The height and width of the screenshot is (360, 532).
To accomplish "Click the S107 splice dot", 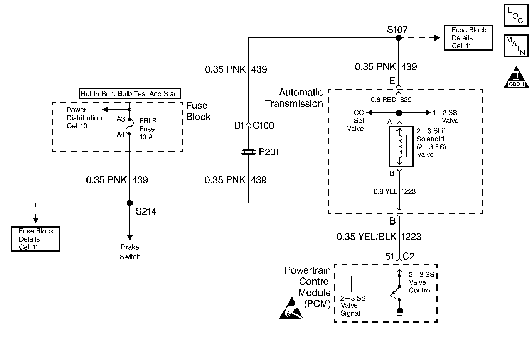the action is click(399, 38).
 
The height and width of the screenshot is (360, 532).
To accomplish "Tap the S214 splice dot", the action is click(130, 203).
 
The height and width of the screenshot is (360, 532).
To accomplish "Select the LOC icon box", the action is click(516, 16).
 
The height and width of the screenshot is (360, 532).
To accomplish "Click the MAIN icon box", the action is click(516, 46).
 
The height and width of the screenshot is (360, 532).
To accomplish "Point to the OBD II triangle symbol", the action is click(516, 77).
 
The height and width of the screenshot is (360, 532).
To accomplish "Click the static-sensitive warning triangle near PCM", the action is click(291, 308).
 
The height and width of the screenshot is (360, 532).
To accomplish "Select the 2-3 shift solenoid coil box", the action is click(401, 147).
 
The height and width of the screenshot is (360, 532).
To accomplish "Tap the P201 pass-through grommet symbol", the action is click(248, 152).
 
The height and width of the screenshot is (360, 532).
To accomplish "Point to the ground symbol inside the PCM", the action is click(400, 313).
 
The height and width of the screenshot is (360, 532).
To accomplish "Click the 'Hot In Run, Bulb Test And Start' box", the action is click(130, 93).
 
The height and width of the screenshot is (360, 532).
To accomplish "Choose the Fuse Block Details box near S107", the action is click(468, 38).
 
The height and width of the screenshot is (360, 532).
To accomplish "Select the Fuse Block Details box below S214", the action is click(35, 239).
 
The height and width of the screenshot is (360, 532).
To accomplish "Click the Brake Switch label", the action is click(130, 252).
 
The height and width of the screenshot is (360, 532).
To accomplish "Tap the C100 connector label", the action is click(263, 125).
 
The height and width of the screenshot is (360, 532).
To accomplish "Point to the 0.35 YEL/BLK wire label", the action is click(366, 237).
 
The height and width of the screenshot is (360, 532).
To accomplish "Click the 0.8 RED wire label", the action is click(383, 100).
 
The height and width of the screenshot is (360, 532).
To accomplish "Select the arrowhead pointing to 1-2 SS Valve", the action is click(428, 112).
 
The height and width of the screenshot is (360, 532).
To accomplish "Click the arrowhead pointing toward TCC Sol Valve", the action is click(369, 112).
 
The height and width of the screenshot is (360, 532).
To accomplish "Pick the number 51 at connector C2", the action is click(389, 256).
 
